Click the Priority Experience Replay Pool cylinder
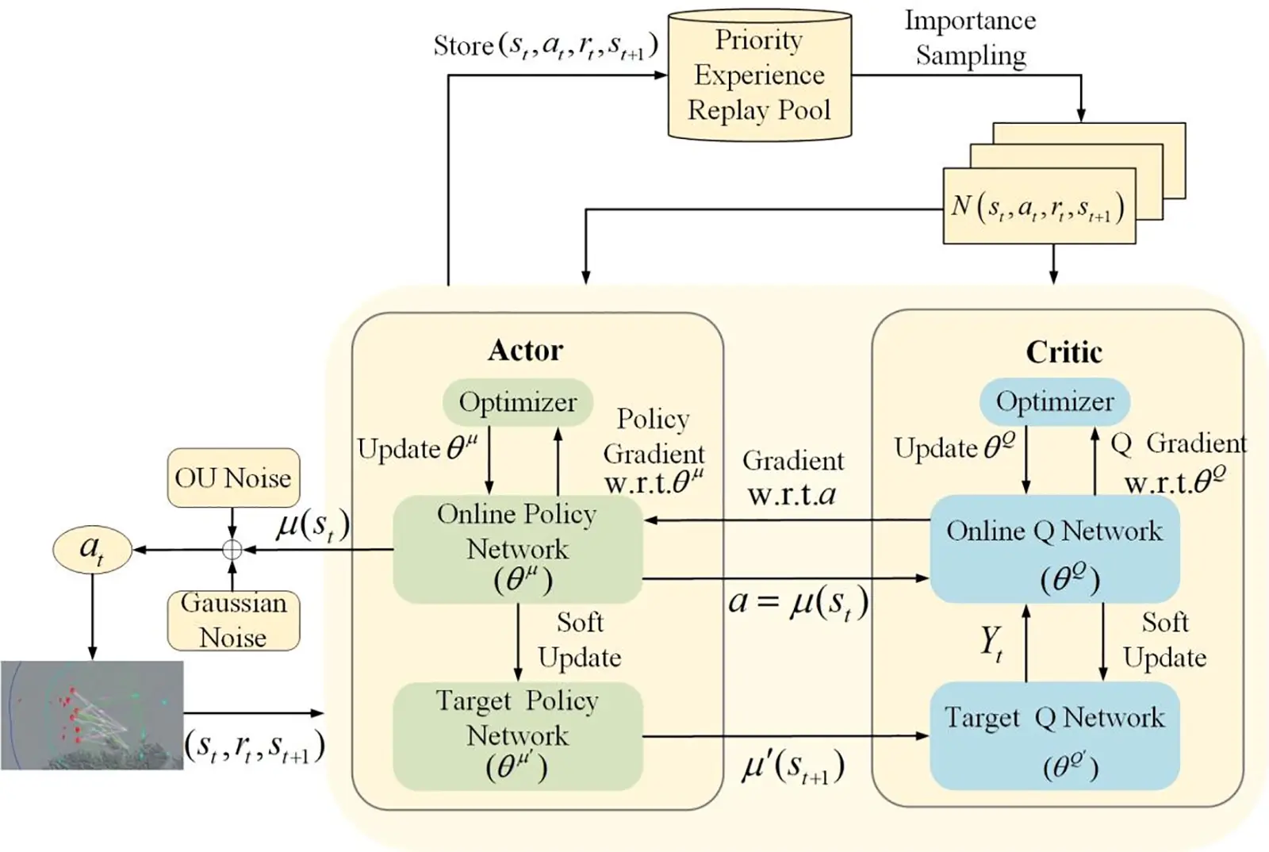tap(759, 76)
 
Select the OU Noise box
tap(233, 478)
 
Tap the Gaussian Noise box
tap(233, 620)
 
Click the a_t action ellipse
tap(92, 549)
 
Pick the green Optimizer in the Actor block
tap(517, 402)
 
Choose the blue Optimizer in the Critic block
tap(1054, 401)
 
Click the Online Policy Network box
tap(517, 549)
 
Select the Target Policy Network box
tap(517, 735)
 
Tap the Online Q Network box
tap(1054, 549)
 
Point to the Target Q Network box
tap(1054, 735)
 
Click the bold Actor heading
tap(525, 350)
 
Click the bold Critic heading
tap(1064, 351)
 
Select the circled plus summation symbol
tap(232, 550)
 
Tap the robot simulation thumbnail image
tap(92, 715)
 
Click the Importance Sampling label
tap(970, 38)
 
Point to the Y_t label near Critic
tap(991, 643)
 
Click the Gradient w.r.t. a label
tap(792, 478)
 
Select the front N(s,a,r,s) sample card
tap(1038, 206)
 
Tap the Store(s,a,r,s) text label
tap(545, 46)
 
